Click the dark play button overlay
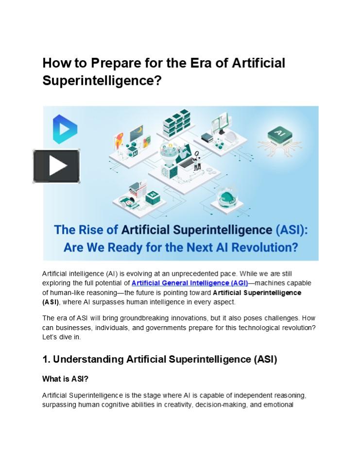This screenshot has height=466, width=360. pos(56,166)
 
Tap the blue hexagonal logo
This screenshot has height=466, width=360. pos(65,129)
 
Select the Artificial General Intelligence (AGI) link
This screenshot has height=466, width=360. pos(189,283)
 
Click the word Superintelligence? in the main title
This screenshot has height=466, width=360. pos(102,81)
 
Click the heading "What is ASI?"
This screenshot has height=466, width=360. pos(66,379)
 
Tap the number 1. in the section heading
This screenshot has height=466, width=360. pos(47,360)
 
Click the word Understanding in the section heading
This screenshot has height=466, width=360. pos(88,360)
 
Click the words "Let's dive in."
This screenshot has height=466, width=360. pos(62,337)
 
